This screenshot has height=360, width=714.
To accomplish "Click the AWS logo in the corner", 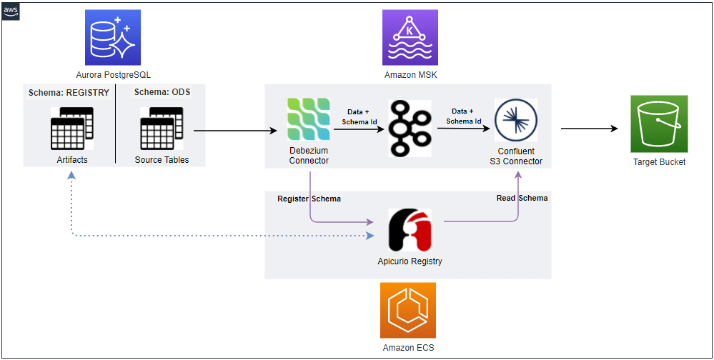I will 11,11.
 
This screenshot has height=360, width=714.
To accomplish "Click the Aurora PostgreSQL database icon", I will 113,39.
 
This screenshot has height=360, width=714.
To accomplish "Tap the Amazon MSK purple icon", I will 408,39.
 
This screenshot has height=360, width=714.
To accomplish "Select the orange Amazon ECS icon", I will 407,309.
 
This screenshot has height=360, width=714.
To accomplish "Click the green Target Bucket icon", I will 658,124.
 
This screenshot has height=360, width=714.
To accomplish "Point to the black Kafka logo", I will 410,129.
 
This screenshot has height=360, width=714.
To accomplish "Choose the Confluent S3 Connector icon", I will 515,120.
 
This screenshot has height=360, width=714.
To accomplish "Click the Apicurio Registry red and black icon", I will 409,229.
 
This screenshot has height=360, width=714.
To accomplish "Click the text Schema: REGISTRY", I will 69,93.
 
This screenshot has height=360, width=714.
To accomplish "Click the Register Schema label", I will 309,199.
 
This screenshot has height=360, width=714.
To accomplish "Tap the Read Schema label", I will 522,198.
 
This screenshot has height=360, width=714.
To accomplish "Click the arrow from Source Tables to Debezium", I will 236,131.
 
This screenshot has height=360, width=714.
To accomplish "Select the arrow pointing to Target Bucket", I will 589,129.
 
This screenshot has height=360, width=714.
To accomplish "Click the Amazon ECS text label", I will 407,348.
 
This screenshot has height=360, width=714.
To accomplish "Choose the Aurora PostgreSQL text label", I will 113,74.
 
